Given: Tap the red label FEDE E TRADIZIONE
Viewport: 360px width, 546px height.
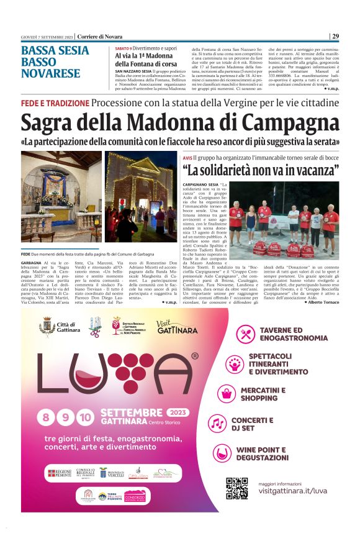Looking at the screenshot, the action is coord(55,102).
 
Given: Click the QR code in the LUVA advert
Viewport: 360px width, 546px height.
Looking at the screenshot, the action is coord(236,488).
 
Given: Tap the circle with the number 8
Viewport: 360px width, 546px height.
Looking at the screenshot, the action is coord(46,417).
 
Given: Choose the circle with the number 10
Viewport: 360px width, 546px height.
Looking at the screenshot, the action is coord(86,417).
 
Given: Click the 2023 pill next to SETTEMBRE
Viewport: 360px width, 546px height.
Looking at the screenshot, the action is coord(179,412).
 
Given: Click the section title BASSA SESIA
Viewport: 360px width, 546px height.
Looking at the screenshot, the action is coord(55,51).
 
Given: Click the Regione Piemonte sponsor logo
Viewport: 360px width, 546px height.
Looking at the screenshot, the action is coord(60,473).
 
